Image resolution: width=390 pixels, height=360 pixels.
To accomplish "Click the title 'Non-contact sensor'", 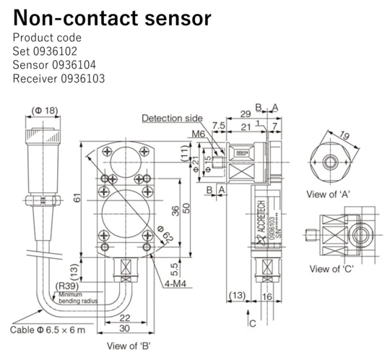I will tap(112, 17).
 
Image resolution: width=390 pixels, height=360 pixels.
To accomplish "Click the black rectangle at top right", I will tap(307, 43).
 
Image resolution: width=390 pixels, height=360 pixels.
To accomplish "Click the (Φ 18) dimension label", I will tap(43, 111).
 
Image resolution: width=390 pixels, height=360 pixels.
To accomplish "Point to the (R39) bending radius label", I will tap(66, 286).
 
